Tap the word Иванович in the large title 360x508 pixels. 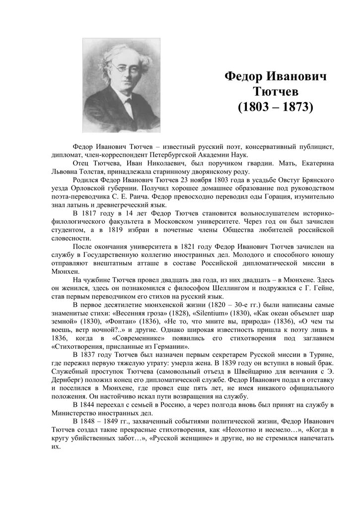[297, 77]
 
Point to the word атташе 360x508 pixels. [154, 263]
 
